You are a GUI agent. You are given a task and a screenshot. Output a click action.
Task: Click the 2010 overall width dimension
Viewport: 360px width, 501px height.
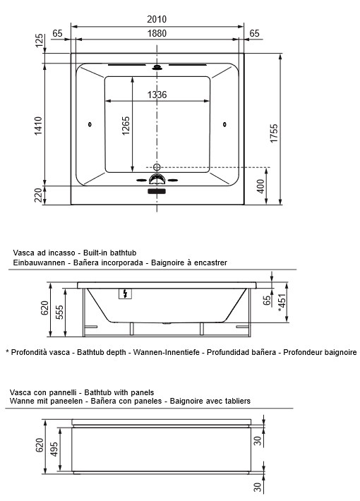[x=158, y=20]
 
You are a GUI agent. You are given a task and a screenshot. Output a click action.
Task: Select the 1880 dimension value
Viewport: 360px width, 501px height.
[x=158, y=33]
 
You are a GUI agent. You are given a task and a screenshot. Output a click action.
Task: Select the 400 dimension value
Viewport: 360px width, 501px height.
[x=260, y=186]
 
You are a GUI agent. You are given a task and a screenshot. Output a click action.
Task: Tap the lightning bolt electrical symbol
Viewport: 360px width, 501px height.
[x=126, y=295]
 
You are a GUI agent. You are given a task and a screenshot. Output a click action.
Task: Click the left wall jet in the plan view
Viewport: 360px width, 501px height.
[x=90, y=126]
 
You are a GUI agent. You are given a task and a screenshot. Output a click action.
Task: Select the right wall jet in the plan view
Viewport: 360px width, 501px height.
[x=225, y=126]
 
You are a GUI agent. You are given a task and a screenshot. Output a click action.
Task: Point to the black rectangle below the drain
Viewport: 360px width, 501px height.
[x=157, y=191]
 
